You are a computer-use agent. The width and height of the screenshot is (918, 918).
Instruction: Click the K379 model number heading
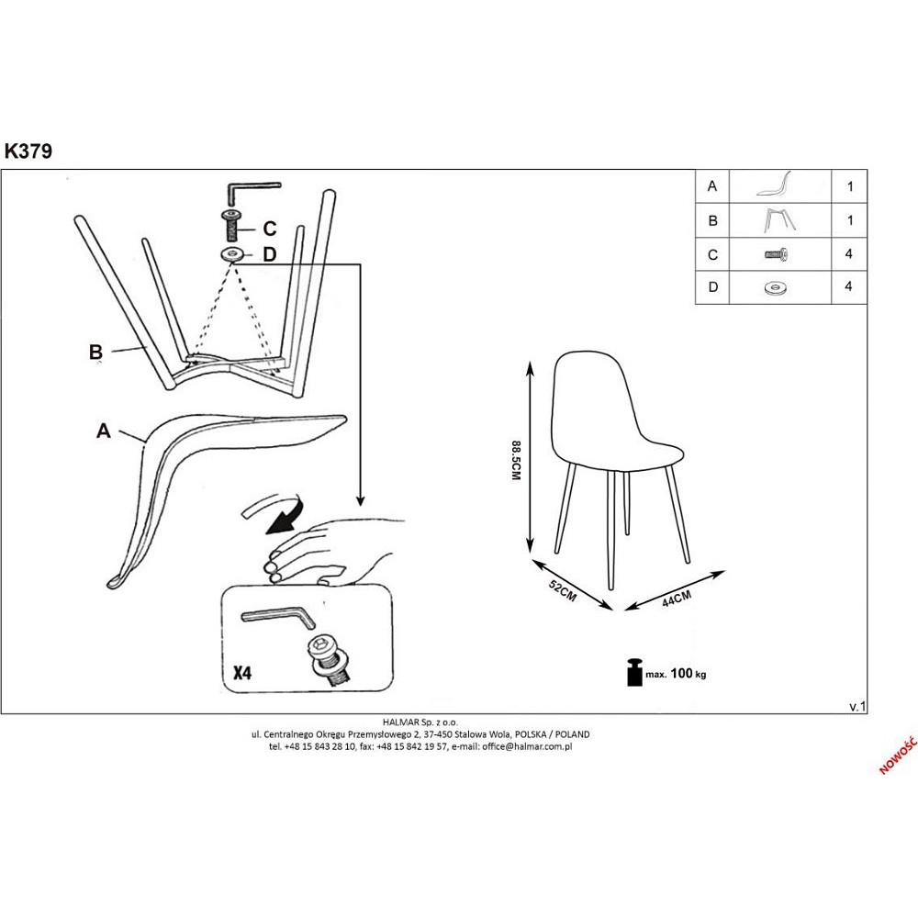[x=28, y=151]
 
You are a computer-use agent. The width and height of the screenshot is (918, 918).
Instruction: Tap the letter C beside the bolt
[x=269, y=229]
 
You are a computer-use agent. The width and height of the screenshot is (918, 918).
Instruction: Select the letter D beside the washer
[x=269, y=254]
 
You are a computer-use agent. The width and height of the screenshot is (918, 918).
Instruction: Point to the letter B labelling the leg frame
[x=95, y=353]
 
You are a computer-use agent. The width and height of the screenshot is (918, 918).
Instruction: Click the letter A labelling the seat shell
[x=104, y=431]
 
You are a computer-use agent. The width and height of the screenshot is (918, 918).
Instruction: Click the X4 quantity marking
[x=242, y=673]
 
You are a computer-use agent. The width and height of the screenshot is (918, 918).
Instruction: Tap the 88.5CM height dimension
[x=516, y=461]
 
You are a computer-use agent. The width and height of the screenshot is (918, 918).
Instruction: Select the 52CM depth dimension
[x=563, y=590]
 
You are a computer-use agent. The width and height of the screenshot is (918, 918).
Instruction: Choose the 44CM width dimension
[x=677, y=599]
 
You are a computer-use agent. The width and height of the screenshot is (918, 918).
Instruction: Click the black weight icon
[x=634, y=672]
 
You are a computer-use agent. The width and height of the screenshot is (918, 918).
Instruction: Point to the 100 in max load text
[x=681, y=673]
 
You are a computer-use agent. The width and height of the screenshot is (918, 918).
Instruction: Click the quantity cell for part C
[x=849, y=254]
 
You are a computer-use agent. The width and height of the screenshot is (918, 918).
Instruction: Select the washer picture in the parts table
[x=776, y=287]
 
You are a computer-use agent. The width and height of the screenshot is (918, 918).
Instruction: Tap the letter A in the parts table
[x=712, y=186]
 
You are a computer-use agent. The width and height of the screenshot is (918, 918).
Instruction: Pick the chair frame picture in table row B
[x=779, y=220]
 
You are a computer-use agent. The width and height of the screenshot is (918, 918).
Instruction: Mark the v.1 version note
[x=857, y=707]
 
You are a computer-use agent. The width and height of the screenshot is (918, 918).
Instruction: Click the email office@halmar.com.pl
[x=527, y=746]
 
